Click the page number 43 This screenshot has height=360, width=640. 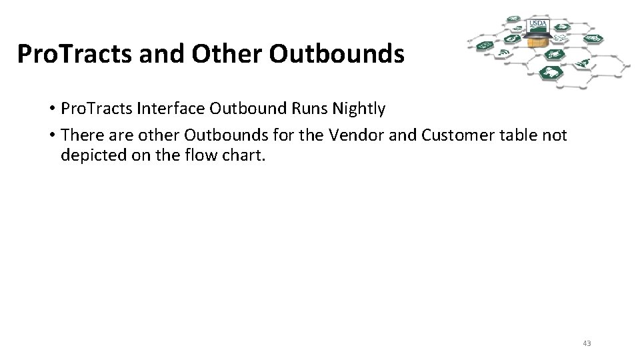(x=587, y=343)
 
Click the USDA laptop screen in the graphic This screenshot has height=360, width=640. (x=537, y=26)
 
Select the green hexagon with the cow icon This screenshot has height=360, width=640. (x=553, y=71)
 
